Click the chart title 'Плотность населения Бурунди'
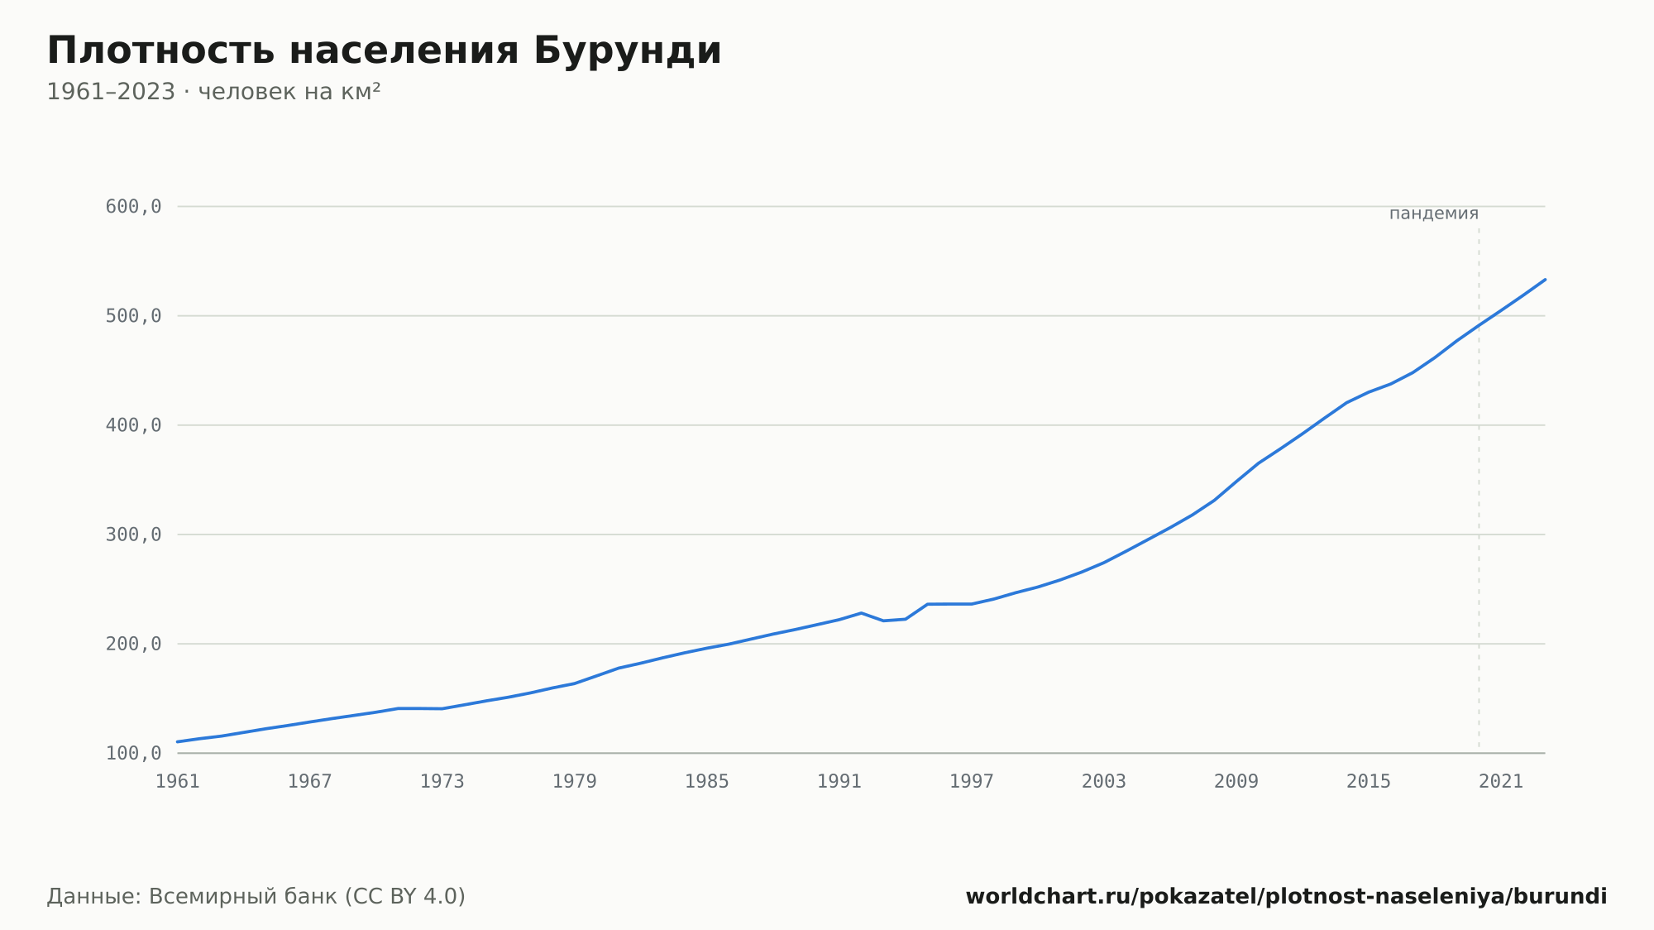point(384,51)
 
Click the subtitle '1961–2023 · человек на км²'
point(213,92)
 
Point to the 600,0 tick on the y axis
point(133,207)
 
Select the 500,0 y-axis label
point(133,316)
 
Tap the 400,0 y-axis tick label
point(133,425)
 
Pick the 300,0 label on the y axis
point(133,535)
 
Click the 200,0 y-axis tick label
point(133,644)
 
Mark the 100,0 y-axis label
point(133,753)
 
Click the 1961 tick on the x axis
point(178,782)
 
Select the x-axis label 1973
point(442,782)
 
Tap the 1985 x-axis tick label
point(707,782)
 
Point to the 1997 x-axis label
point(972,782)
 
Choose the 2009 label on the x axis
point(1236,782)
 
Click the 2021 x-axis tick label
point(1501,782)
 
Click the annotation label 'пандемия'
point(1434,213)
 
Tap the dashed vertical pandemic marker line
point(1479,488)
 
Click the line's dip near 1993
point(883,621)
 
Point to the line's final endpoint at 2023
point(1545,280)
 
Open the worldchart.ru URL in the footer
point(1287,897)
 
